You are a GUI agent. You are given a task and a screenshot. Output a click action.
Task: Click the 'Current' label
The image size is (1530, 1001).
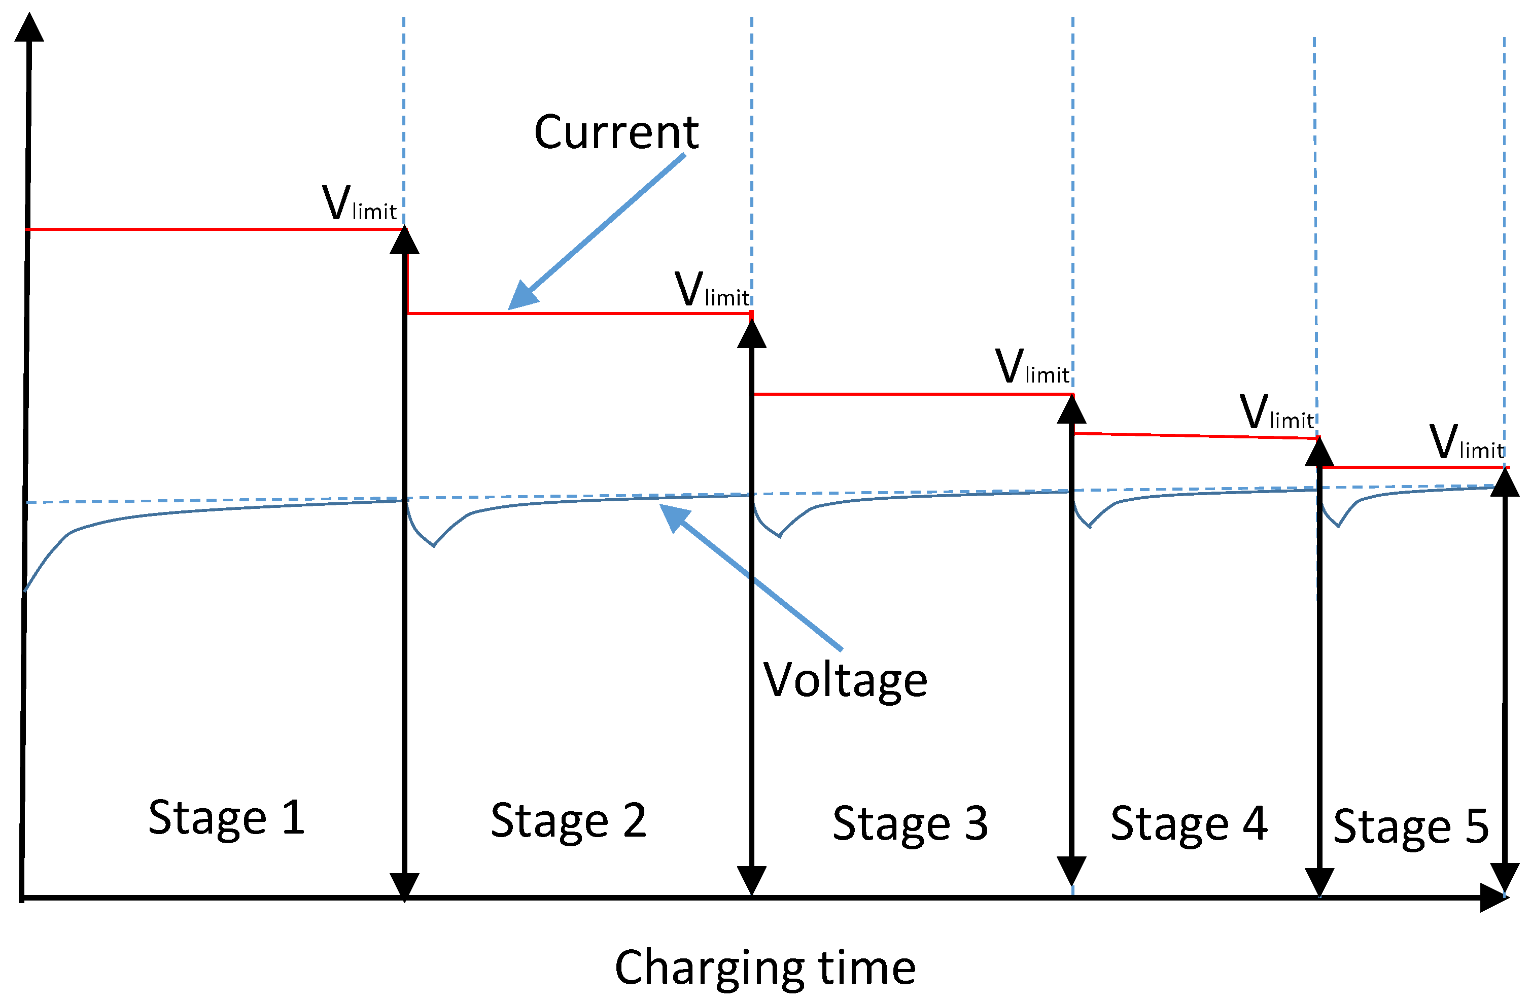615,132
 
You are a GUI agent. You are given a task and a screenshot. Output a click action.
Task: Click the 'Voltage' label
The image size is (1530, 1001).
845,680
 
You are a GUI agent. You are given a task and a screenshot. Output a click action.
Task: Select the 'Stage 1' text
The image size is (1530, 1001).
226,818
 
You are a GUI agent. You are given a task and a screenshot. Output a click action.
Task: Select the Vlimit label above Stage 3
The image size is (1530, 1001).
1032,368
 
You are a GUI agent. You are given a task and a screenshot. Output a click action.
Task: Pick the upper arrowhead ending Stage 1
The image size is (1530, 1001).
404,241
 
